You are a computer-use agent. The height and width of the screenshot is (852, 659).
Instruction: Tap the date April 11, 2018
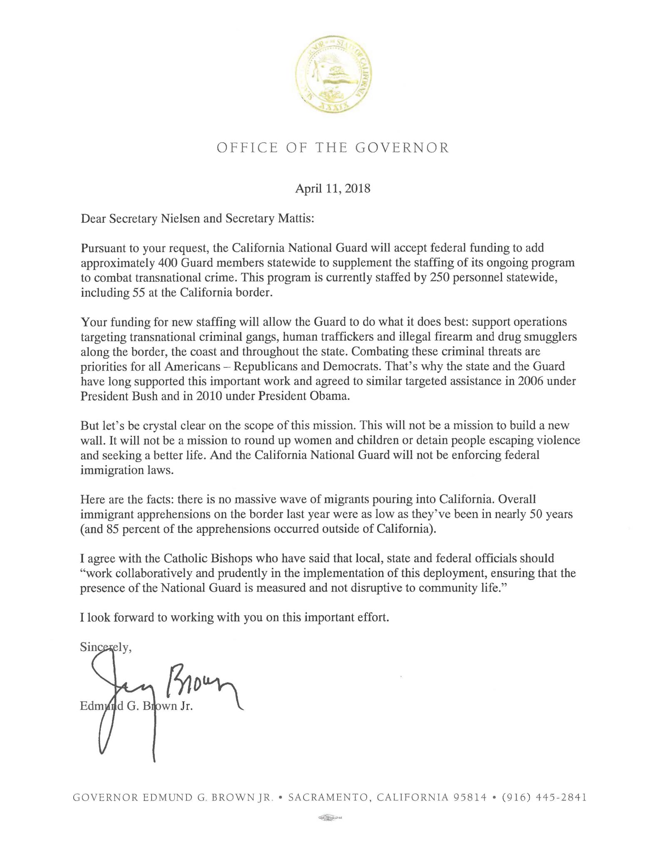[x=333, y=189]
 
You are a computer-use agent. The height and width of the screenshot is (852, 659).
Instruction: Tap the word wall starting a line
[x=89, y=441]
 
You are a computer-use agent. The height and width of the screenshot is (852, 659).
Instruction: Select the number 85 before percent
[x=110, y=530]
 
